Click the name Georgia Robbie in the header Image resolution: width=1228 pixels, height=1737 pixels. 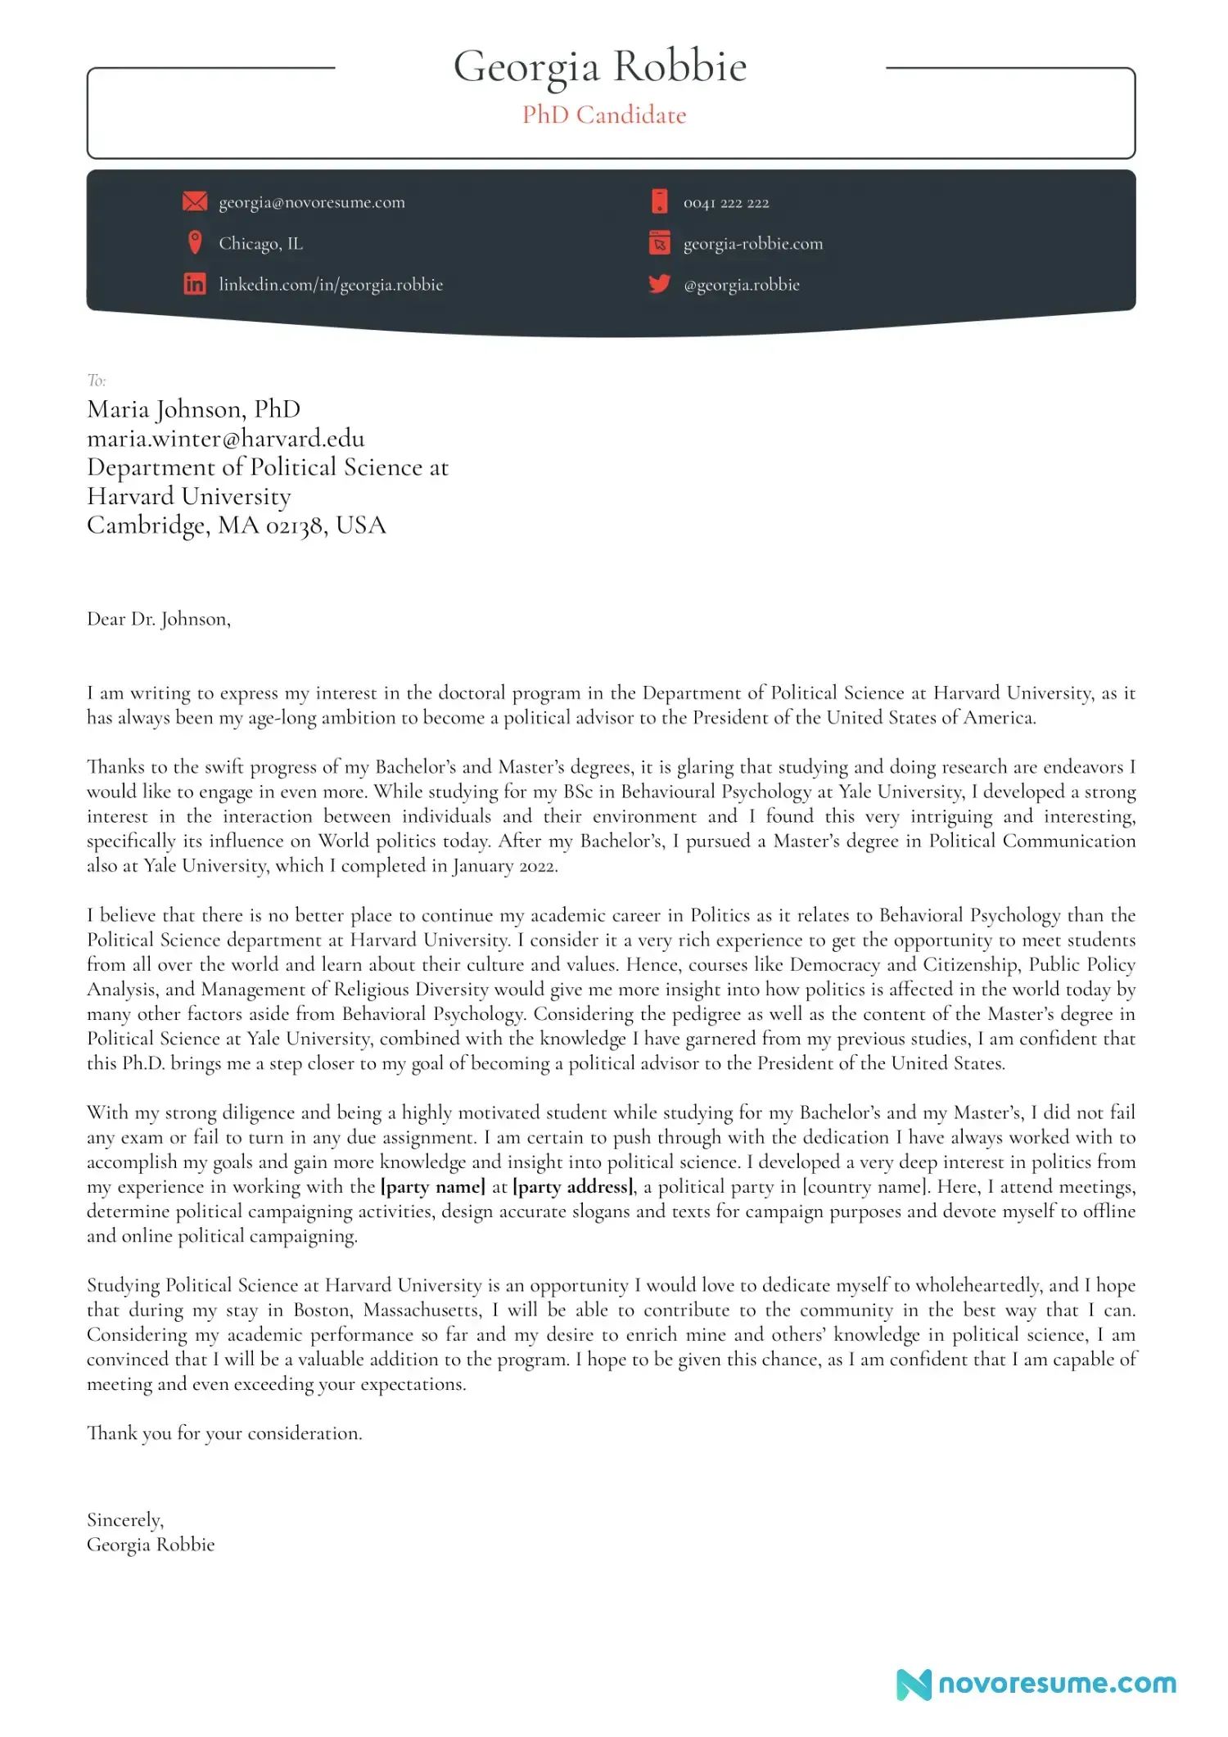click(600, 66)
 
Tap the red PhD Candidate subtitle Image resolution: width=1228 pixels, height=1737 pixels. click(604, 115)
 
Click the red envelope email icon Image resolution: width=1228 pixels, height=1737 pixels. click(194, 201)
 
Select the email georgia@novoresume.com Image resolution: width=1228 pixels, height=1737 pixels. click(311, 202)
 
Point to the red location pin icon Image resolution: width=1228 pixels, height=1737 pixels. click(195, 242)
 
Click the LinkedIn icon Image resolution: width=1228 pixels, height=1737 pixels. click(194, 284)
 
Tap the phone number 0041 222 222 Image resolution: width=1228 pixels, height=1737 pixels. click(726, 203)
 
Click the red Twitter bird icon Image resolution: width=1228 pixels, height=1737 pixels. click(659, 284)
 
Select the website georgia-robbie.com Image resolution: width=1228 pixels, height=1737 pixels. click(753, 244)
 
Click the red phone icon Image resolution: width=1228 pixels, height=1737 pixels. click(659, 201)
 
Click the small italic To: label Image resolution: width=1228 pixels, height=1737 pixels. click(97, 380)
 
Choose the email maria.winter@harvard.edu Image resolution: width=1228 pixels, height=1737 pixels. click(226, 439)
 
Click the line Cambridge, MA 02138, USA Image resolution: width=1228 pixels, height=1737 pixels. click(236, 525)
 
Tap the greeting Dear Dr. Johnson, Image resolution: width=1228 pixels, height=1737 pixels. click(159, 619)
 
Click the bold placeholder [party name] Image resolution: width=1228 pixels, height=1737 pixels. click(433, 1186)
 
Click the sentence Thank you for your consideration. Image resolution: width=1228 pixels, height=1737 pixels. click(224, 1433)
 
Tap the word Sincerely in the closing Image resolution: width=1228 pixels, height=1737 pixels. click(124, 1520)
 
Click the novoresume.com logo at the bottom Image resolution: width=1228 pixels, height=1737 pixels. click(1036, 1684)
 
